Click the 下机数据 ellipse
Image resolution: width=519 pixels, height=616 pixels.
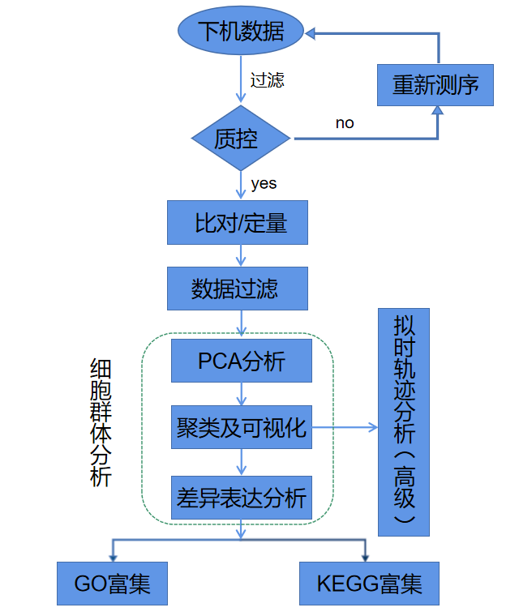[240, 32]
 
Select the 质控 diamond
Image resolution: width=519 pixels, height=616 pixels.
[240, 139]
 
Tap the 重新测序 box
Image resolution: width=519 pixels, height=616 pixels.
[435, 83]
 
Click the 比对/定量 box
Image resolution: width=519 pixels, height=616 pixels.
[238, 222]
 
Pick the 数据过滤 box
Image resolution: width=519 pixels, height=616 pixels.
[238, 288]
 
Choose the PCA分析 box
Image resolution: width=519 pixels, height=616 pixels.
[241, 361]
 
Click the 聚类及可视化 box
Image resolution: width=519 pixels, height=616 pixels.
[241, 426]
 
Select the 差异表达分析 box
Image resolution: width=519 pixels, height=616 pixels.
[241, 497]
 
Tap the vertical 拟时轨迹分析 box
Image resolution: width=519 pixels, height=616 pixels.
[404, 421]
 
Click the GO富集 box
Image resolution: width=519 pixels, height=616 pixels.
[112, 584]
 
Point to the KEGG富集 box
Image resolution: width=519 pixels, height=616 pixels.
[369, 584]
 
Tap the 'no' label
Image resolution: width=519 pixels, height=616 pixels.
[345, 123]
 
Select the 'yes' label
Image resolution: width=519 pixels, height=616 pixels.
[264, 183]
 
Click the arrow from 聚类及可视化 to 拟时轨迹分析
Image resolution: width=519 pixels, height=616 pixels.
[345, 427]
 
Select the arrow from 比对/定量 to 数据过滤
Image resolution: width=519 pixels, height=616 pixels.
[240, 255]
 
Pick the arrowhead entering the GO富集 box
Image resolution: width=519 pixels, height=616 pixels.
[112, 557]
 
